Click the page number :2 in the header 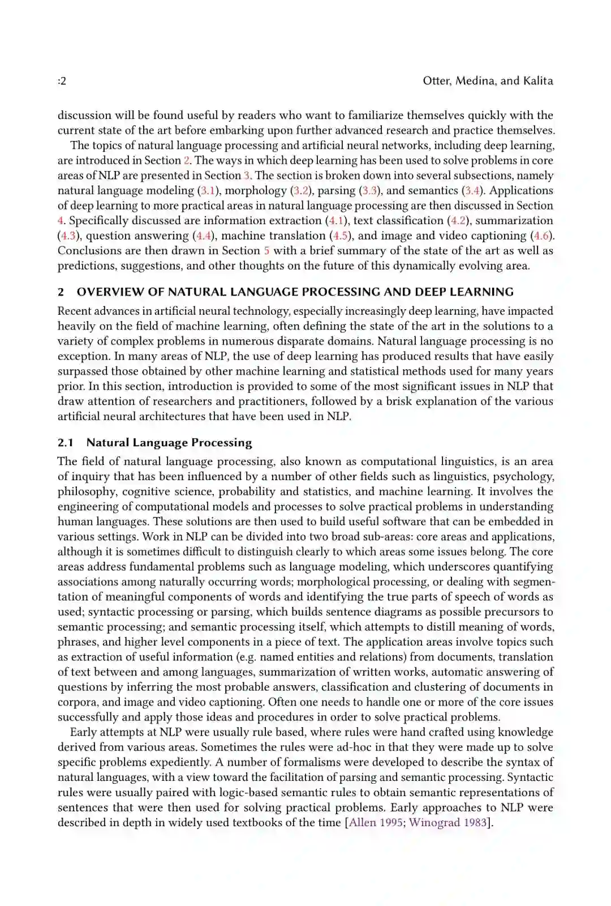(x=62, y=81)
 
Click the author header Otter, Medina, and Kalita (x=488, y=80)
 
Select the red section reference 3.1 (x=207, y=191)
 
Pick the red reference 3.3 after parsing (x=369, y=191)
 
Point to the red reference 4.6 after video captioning (x=541, y=236)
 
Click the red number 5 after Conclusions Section (x=266, y=251)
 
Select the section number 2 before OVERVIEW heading (x=61, y=292)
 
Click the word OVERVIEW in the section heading (x=110, y=292)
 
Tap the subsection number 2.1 (x=66, y=443)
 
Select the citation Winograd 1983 (x=448, y=823)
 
